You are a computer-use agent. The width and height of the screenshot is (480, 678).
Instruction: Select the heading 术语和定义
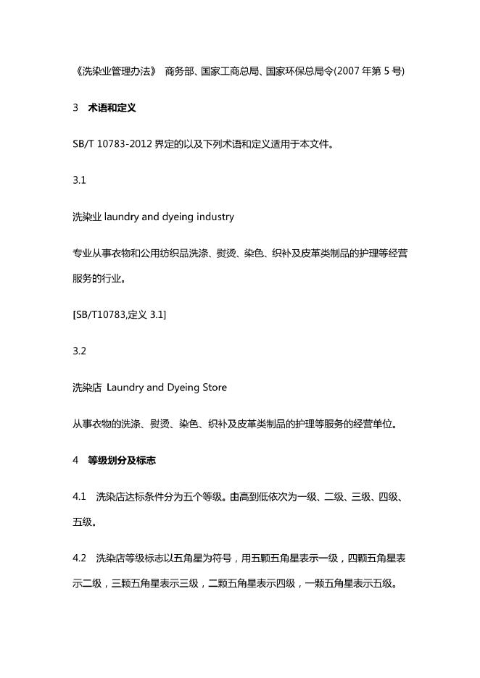112,108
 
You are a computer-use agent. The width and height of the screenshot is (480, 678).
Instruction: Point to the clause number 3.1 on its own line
80,180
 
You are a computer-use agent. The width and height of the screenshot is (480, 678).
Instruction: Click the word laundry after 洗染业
125,217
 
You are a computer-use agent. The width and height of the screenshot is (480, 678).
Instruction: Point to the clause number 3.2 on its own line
80,351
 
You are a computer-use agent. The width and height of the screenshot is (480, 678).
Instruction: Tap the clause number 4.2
80,559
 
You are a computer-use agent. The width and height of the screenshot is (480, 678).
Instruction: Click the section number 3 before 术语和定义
75,108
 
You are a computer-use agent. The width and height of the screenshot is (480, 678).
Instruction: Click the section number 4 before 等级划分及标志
75,460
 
